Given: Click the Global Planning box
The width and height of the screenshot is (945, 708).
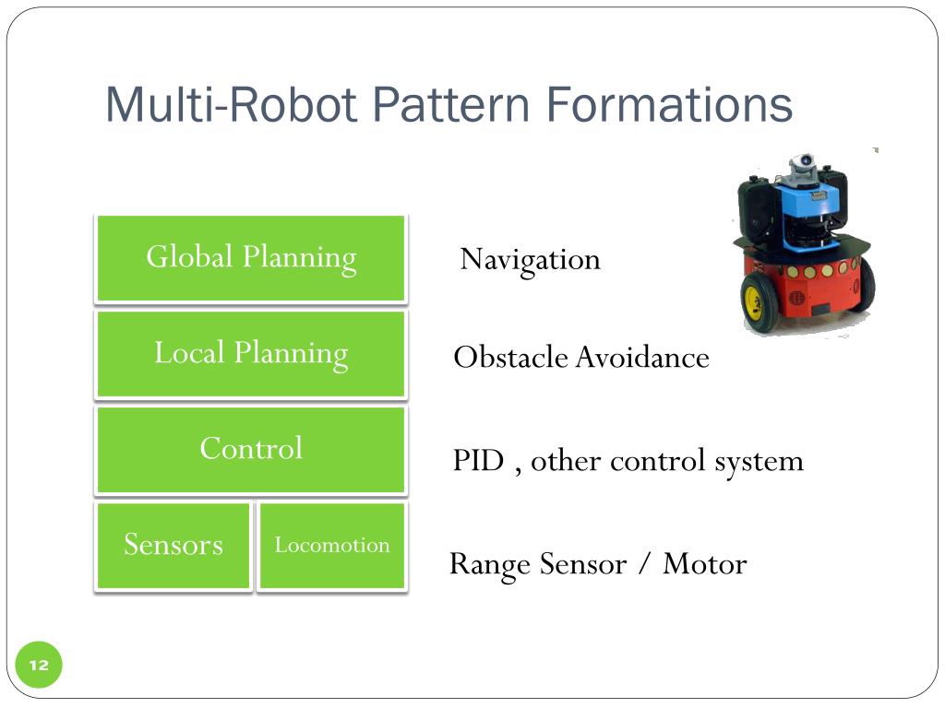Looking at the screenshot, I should (x=251, y=258).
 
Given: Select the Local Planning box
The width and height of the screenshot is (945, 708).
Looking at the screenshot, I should (x=251, y=354).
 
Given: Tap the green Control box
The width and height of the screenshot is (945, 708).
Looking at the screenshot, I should (x=251, y=450).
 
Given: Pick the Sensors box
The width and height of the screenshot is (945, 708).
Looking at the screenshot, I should (x=173, y=545).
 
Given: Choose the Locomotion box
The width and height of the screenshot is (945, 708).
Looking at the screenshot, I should (x=332, y=545).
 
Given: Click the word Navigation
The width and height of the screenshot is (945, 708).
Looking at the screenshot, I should (x=530, y=260).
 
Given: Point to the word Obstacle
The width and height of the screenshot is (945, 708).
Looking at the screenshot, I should (x=511, y=357).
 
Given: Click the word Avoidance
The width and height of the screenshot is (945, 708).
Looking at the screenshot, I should (x=642, y=357).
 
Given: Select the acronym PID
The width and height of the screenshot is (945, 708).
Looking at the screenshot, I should (x=478, y=460).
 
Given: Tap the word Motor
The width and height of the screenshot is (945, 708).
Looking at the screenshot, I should (x=704, y=563).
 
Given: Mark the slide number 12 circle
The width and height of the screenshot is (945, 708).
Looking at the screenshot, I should (x=39, y=666).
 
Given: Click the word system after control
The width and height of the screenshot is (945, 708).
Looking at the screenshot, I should (x=759, y=460).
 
